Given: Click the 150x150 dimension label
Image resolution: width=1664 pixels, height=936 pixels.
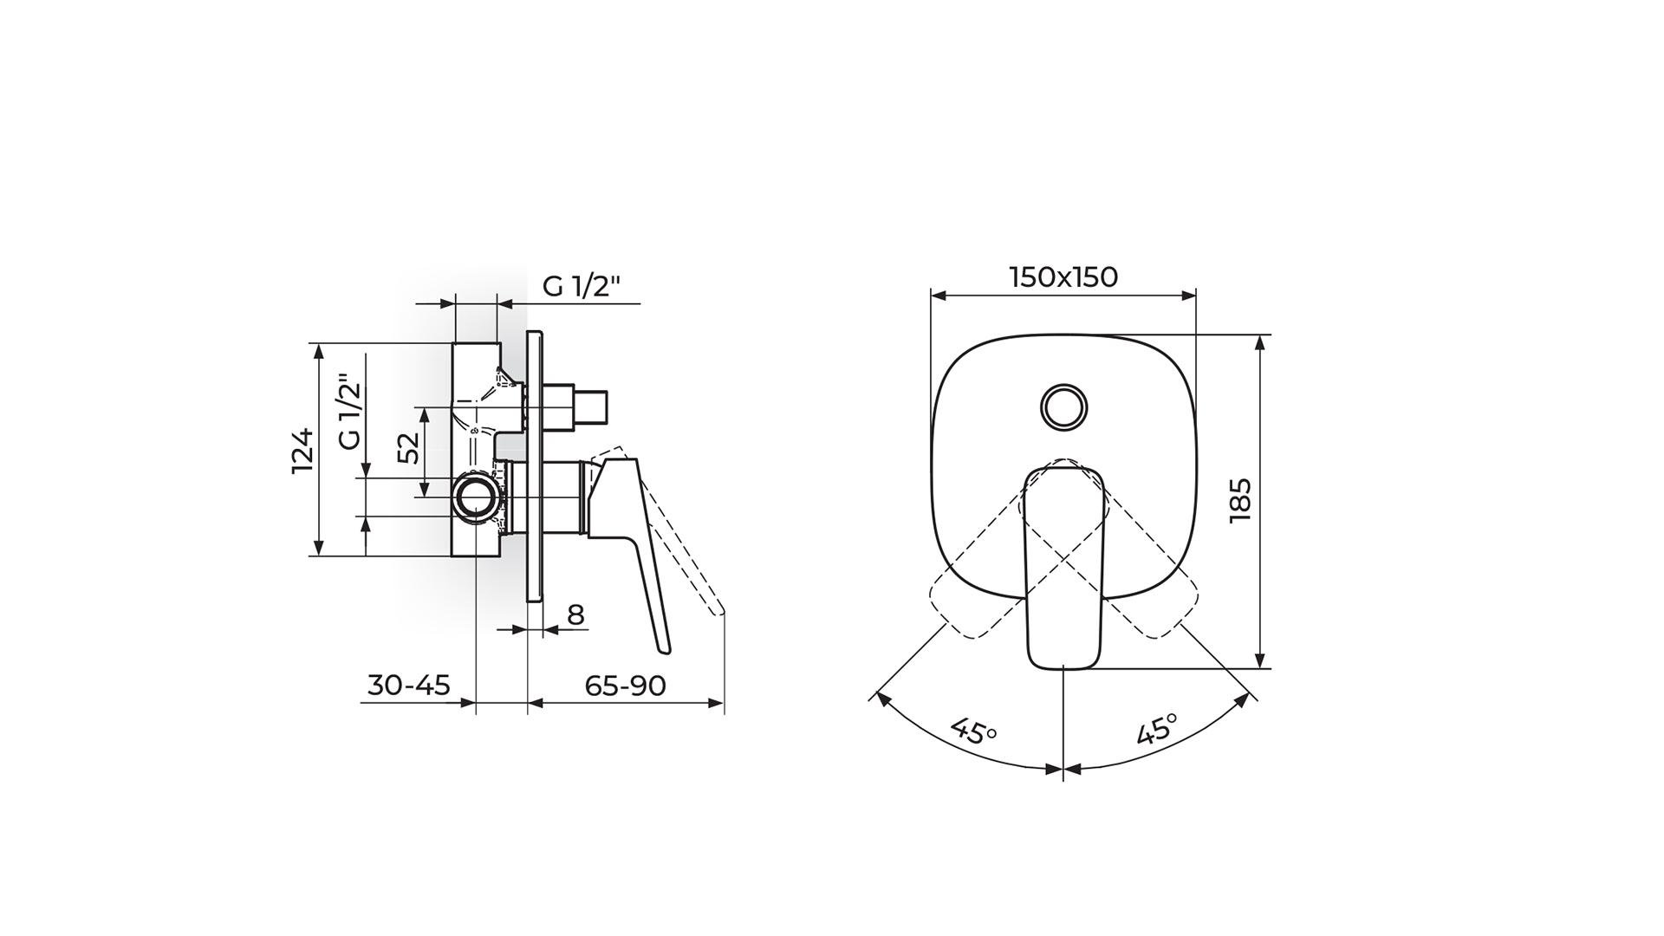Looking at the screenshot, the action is tap(1063, 277).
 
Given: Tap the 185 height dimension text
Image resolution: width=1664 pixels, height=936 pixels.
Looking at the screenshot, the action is tap(1240, 500).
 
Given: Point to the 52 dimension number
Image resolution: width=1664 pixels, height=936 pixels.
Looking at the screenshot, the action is tap(409, 447).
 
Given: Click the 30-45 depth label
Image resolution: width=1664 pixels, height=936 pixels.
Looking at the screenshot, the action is tap(409, 686).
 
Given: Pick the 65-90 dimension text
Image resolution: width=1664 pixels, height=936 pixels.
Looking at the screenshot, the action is tap(625, 686).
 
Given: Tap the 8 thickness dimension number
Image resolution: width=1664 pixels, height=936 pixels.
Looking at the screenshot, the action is tap(576, 615).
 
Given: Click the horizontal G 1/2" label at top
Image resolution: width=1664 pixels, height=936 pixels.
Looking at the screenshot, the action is tap(582, 287).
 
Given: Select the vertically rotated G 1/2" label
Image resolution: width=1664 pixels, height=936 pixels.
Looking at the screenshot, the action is tap(348, 412).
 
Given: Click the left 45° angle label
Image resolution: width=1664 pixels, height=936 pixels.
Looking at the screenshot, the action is tap(975, 731).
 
